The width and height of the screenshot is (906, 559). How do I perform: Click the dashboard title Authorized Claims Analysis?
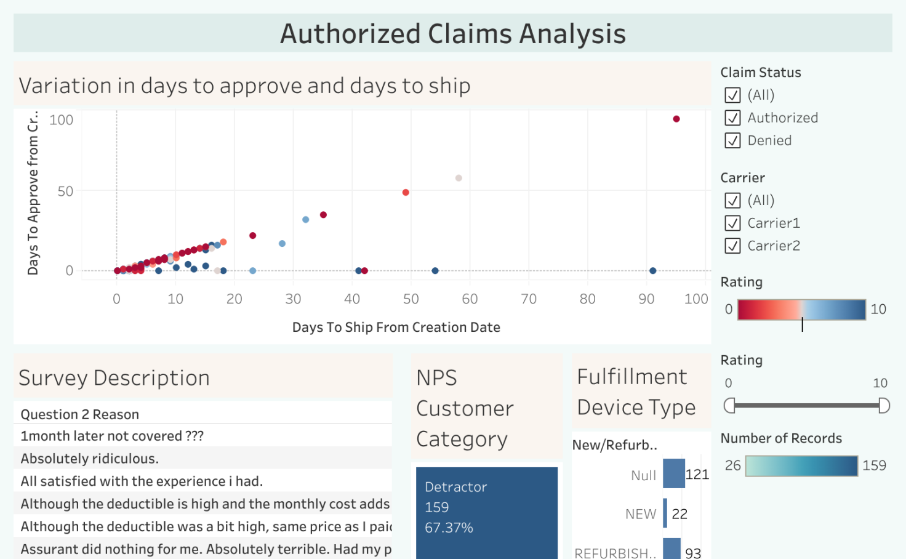[x=453, y=34]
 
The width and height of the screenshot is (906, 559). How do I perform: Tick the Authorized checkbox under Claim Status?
[x=732, y=118]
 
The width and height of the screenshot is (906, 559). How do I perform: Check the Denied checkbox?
[x=732, y=140]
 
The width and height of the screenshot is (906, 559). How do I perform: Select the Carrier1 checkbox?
[x=732, y=223]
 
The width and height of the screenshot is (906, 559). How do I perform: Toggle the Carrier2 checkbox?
[x=732, y=246]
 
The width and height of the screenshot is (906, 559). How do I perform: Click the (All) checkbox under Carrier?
[x=732, y=200]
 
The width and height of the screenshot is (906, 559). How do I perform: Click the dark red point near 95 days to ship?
[x=676, y=119]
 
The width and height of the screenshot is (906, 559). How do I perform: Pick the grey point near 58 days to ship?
[x=459, y=178]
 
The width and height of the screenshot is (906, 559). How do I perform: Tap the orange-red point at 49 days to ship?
[x=406, y=193]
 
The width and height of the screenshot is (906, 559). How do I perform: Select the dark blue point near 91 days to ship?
[x=653, y=271]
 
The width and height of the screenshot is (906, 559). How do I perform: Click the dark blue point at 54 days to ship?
[x=435, y=271]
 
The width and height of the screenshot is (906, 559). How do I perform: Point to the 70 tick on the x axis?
[x=529, y=299]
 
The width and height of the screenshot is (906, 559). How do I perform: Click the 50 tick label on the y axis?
[x=65, y=191]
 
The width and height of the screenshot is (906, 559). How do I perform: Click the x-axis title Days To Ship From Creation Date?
[x=396, y=328]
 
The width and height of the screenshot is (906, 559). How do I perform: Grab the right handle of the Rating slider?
[x=884, y=405]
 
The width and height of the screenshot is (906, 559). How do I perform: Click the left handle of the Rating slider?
[x=729, y=405]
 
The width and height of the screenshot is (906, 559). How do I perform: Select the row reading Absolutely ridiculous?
[x=90, y=459]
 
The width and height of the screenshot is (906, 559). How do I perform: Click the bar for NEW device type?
[x=665, y=513]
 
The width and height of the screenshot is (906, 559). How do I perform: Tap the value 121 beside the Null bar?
[x=697, y=475]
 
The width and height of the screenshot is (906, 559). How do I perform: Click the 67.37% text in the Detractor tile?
[x=449, y=528]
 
